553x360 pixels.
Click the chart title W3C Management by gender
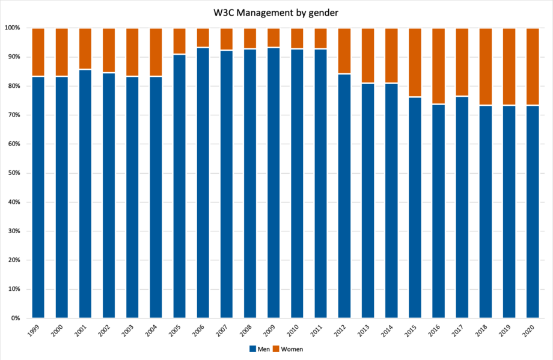pos(276,12)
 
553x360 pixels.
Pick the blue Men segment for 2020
pos(533,211)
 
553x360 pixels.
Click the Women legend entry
pos(289,349)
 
